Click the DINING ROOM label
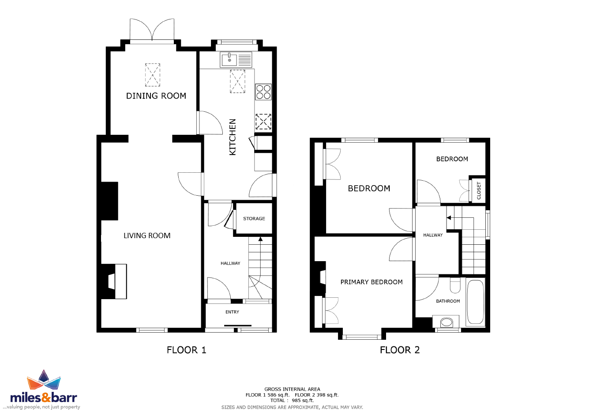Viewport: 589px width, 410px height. pyautogui.click(x=156, y=95)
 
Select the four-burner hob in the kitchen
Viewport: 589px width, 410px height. pyautogui.click(x=263, y=92)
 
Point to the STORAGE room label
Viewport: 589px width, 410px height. pyautogui.click(x=254, y=219)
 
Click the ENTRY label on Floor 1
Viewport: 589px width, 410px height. pyautogui.click(x=232, y=312)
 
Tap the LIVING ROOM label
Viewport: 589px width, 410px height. pyautogui.click(x=147, y=235)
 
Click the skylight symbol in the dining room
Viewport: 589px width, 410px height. pyautogui.click(x=153, y=75)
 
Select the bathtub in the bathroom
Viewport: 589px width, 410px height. pyautogui.click(x=475, y=302)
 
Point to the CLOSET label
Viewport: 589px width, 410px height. pyautogui.click(x=479, y=191)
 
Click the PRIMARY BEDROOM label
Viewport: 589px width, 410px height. pyautogui.click(x=371, y=282)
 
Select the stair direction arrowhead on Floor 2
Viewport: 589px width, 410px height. pyautogui.click(x=449, y=218)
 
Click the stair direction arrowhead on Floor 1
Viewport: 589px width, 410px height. pyautogui.click(x=260, y=239)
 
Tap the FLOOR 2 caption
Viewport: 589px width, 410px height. pyautogui.click(x=400, y=350)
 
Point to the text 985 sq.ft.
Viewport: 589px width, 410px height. pyautogui.click(x=303, y=401)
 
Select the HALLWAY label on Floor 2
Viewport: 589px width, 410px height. pyautogui.click(x=433, y=235)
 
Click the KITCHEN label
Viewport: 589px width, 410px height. pyautogui.click(x=233, y=137)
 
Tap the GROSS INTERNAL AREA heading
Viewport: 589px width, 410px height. pyautogui.click(x=292, y=389)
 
